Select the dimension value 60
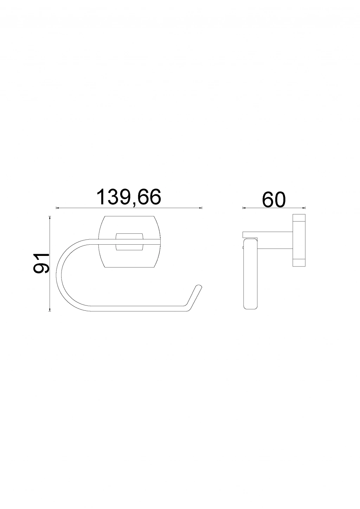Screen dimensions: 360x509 coord(274,200)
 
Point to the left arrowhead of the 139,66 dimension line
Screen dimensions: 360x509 coord(58,208)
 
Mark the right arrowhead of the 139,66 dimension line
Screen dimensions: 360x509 coord(200,208)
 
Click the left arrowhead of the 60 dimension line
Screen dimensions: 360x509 coord(244,208)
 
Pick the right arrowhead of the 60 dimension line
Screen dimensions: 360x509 coord(304,208)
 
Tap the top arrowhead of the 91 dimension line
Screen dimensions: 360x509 coord(50,218)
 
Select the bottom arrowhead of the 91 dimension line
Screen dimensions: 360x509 coord(50,309)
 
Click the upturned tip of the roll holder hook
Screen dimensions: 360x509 coord(199,286)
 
